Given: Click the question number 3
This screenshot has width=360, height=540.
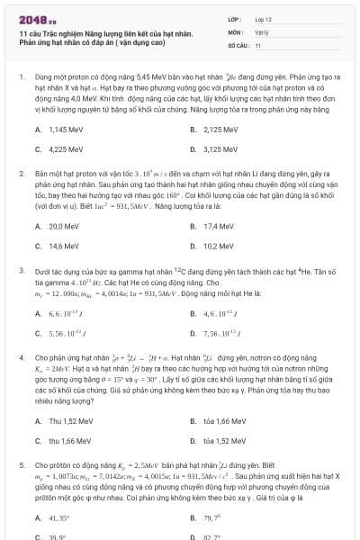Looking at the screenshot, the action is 21,269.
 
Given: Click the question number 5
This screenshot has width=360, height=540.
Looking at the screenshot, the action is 21,464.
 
